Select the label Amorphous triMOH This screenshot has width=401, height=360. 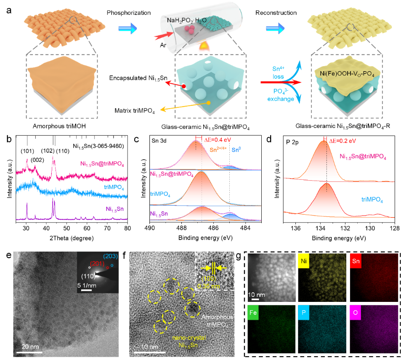[65, 127]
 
